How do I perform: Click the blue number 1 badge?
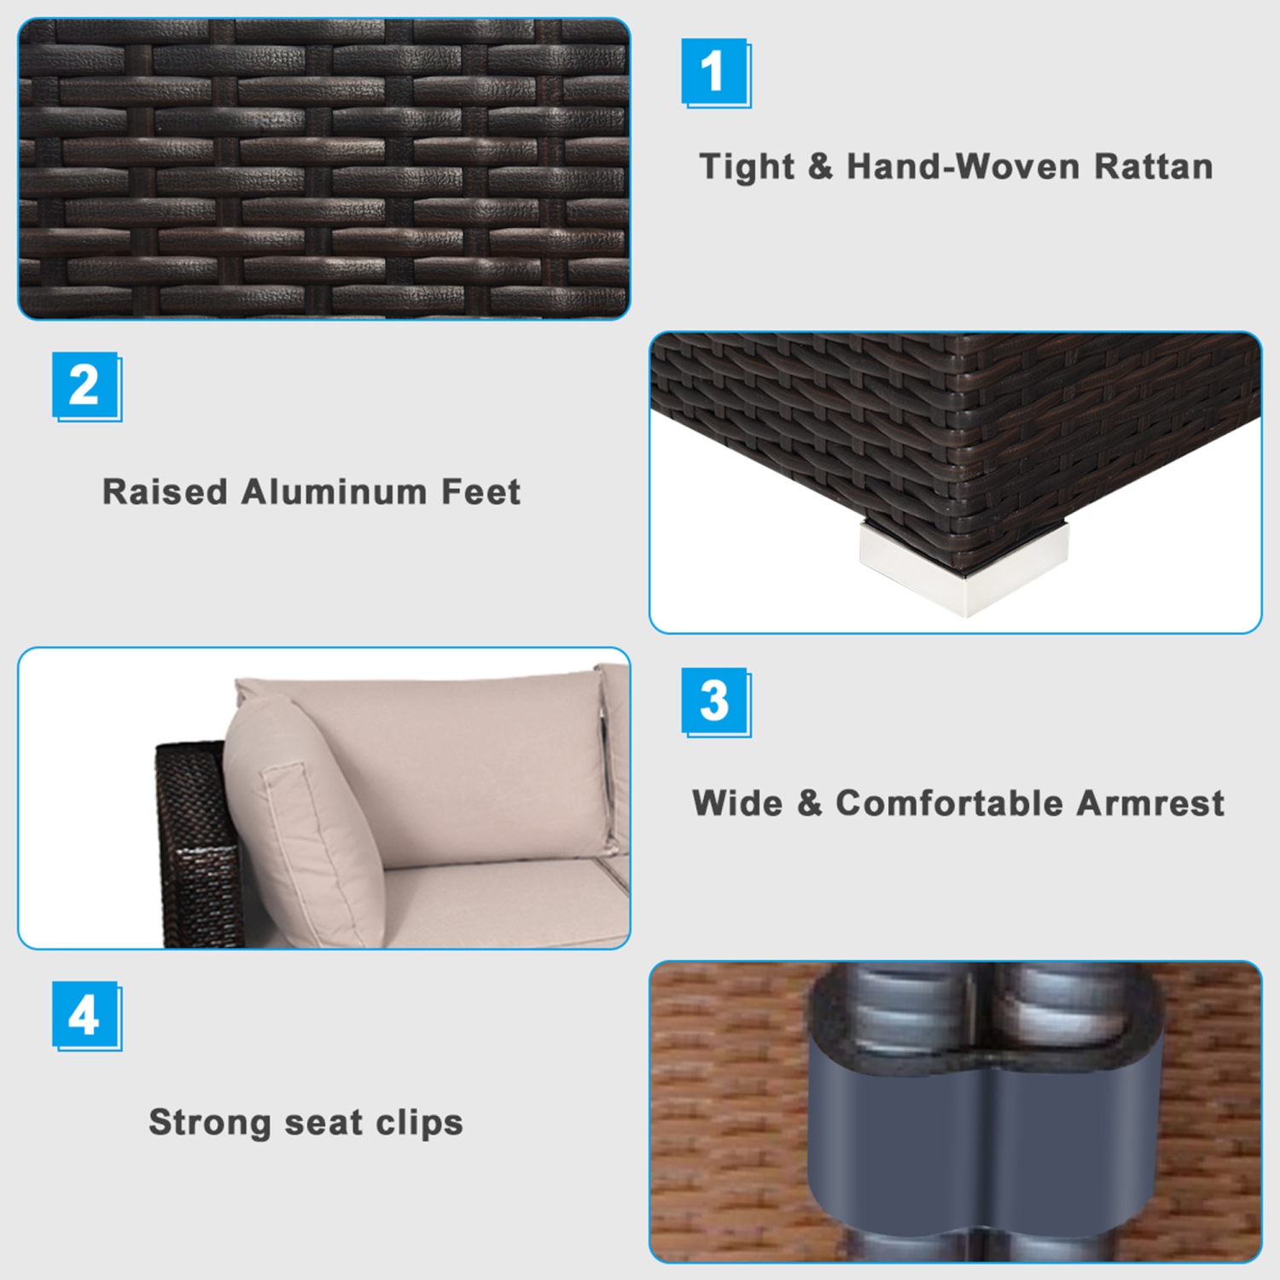point(716,73)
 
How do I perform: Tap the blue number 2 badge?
point(87,387)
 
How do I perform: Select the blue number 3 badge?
point(716,702)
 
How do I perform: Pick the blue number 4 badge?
point(87,1016)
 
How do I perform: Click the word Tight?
point(747,167)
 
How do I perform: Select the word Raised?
point(166,492)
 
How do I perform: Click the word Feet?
point(480,492)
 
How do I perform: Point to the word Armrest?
point(1150,803)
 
